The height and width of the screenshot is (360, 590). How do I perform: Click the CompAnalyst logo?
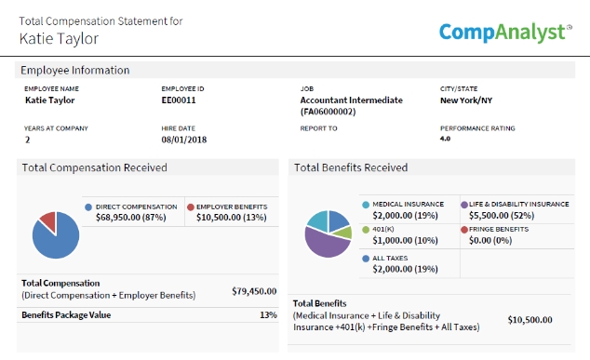point(505,33)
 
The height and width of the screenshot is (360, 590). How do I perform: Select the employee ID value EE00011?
point(179,100)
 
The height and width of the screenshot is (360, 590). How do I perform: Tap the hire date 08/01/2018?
point(184,140)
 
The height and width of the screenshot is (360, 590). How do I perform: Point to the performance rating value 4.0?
point(445,139)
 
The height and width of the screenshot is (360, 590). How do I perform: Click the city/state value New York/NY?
point(466,100)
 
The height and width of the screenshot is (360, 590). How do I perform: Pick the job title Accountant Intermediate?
point(352,100)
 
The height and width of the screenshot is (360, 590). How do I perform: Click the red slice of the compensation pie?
point(49,221)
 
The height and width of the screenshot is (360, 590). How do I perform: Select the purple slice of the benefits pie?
point(325,244)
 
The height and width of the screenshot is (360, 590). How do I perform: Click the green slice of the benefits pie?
point(344,233)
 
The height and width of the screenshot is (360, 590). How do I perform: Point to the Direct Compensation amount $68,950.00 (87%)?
point(131,218)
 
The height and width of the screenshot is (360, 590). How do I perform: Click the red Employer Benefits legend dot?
point(191,207)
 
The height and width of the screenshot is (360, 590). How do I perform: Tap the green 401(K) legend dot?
point(366,230)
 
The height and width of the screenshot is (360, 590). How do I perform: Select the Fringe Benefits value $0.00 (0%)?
point(490,240)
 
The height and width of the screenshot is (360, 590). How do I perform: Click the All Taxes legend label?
point(390,258)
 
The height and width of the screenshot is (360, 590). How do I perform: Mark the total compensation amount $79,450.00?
point(254,291)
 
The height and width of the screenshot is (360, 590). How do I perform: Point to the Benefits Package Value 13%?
point(268,314)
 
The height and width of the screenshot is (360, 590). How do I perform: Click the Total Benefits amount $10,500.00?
point(530,320)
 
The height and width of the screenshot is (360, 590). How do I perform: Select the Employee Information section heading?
point(74,71)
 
